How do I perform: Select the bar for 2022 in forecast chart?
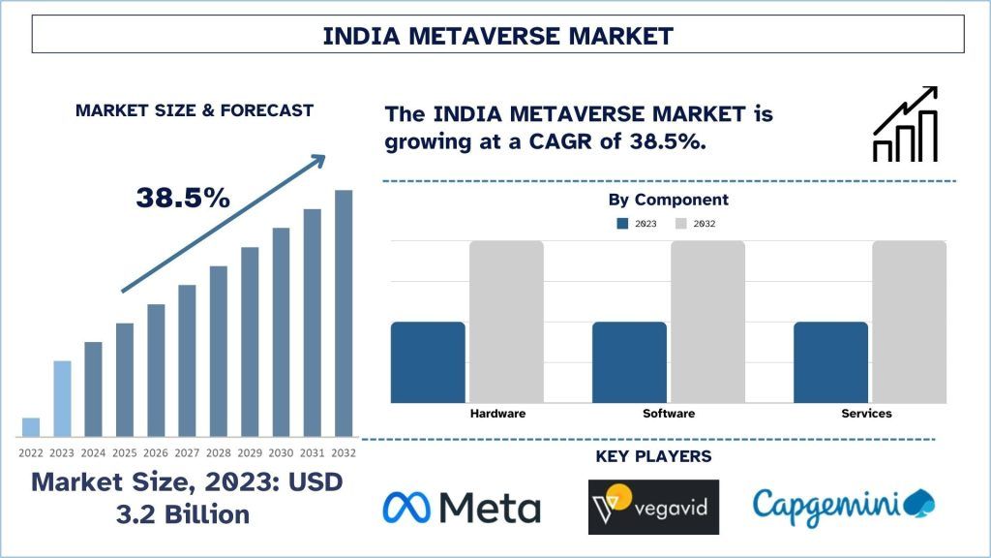[x=31, y=427]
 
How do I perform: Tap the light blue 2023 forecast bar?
[x=62, y=398]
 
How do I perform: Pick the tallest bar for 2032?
[x=344, y=313]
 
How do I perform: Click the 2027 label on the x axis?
[x=187, y=452]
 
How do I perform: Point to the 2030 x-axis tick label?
[x=281, y=452]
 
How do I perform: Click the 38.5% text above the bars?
[x=183, y=199]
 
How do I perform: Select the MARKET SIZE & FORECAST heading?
[x=195, y=110]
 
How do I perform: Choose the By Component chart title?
[x=668, y=200]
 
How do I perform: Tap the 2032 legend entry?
[x=696, y=224]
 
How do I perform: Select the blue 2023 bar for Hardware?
[x=428, y=361]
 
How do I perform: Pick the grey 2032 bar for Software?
[x=707, y=322]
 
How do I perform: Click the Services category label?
[x=866, y=414]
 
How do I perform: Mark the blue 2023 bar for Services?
[x=830, y=361]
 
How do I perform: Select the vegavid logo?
[x=653, y=507]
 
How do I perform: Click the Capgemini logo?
[x=843, y=505]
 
